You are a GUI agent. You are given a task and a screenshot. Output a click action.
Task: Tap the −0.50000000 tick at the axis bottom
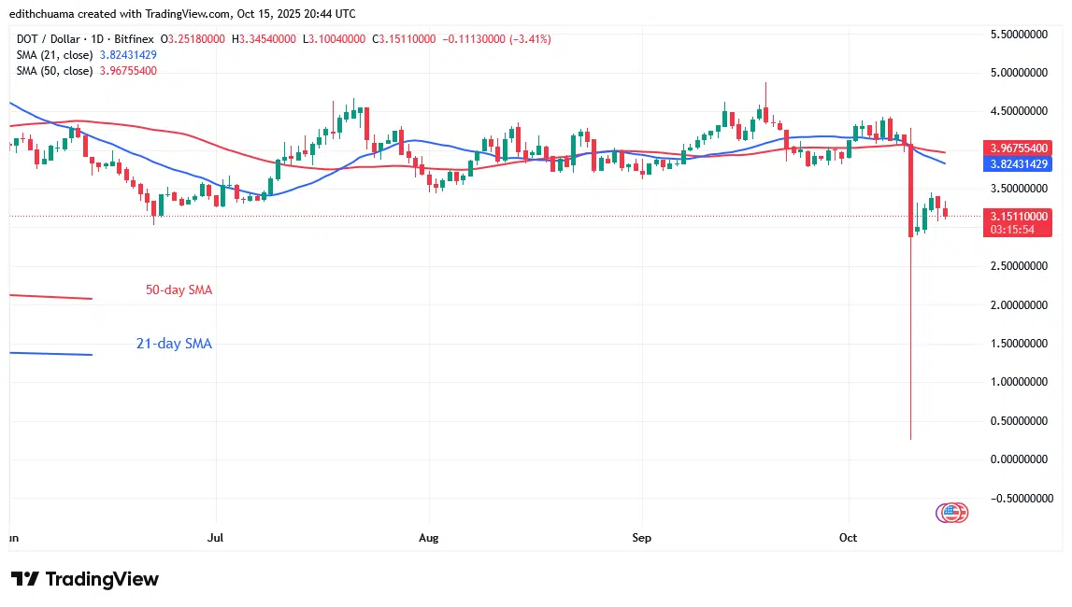[1020, 498]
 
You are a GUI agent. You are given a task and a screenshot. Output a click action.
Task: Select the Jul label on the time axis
[216, 538]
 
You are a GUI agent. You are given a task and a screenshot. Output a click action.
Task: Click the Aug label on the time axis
[428, 538]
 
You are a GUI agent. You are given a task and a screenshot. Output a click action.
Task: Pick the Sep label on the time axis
[641, 538]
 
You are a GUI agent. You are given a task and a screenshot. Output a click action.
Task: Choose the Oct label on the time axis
[849, 538]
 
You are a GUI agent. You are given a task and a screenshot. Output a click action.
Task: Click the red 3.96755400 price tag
[1017, 148]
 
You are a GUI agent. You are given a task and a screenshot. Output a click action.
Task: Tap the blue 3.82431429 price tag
[1017, 163]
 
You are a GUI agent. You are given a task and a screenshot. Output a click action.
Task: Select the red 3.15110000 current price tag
[1017, 216]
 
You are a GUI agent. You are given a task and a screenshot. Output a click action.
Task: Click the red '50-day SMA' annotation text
[179, 290]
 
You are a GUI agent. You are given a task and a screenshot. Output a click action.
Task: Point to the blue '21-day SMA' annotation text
[174, 344]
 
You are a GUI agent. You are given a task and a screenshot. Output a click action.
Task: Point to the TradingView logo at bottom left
[85, 579]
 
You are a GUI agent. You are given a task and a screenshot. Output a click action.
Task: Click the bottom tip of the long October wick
[910, 439]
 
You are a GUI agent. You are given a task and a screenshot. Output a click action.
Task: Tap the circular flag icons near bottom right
[951, 512]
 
